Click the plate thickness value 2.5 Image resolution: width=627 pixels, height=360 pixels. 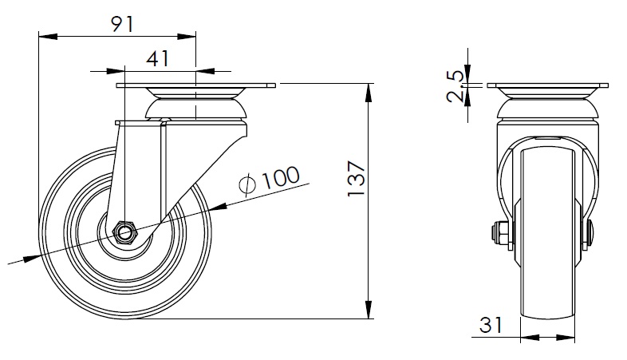click(455, 85)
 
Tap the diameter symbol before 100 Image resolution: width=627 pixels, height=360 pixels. click(247, 185)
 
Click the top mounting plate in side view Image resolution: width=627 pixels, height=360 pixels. click(196, 85)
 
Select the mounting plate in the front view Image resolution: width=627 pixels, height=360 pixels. click(547, 85)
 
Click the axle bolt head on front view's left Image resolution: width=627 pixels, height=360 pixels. click(497, 234)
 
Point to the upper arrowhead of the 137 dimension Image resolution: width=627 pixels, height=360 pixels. click(369, 90)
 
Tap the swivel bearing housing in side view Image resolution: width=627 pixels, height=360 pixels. click(196, 104)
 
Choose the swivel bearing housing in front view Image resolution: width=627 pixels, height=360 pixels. click(547, 104)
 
